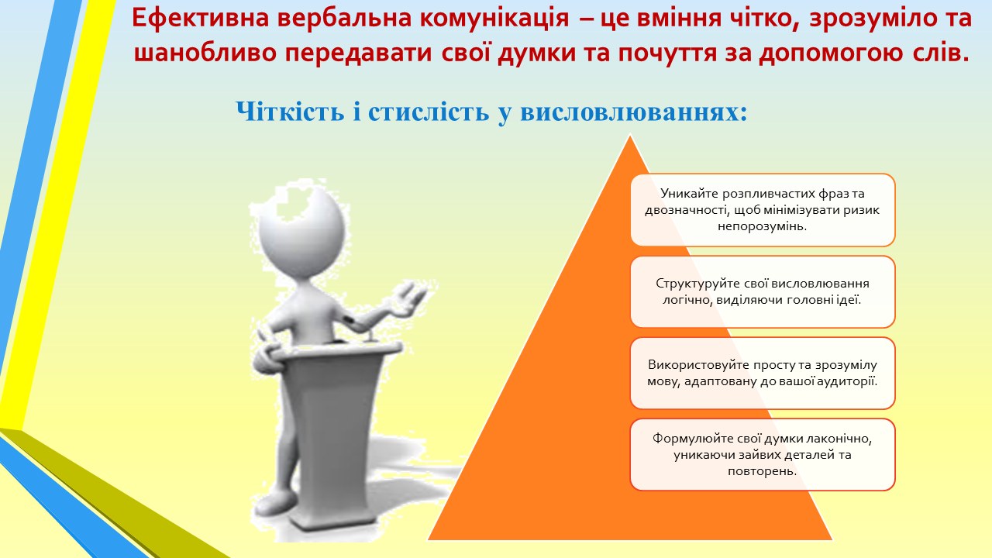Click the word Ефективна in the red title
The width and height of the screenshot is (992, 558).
click(x=200, y=18)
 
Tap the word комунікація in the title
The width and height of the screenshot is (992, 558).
click(x=494, y=19)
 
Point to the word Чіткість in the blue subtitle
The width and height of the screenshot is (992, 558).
click(x=290, y=111)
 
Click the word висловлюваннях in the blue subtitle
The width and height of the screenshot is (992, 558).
click(x=633, y=112)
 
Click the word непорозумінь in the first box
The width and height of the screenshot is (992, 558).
click(x=762, y=226)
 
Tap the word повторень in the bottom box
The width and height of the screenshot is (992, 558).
click(x=762, y=471)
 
